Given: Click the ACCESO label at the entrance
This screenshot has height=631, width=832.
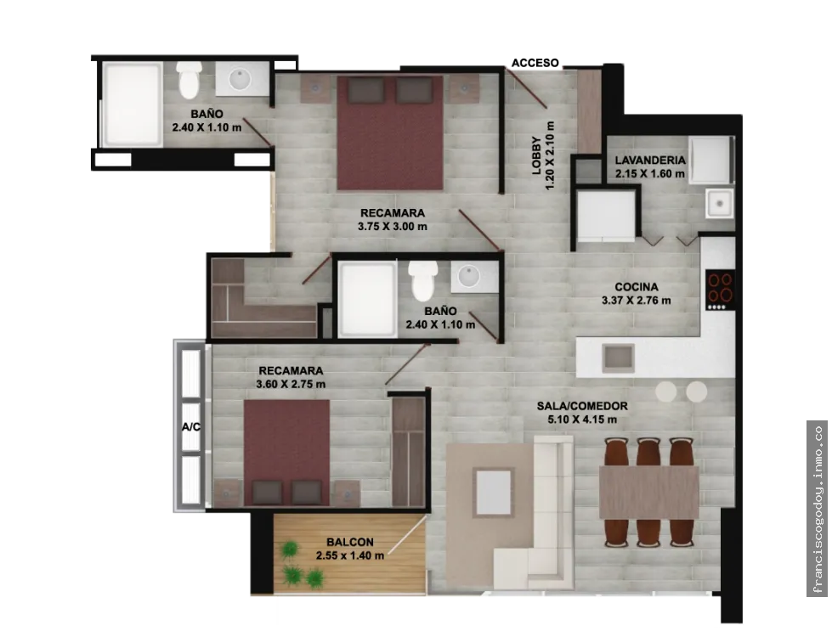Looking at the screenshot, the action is point(535,63).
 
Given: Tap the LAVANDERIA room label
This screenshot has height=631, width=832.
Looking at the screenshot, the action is point(650,161).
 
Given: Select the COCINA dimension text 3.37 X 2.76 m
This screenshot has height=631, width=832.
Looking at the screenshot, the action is point(637,301).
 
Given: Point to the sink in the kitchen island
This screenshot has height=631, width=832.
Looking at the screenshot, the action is point(618,358).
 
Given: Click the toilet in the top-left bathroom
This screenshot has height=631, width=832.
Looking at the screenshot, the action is point(189,80).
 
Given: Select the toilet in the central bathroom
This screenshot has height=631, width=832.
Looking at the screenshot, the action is point(423,279).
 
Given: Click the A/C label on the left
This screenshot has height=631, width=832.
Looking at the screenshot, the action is point(191,427).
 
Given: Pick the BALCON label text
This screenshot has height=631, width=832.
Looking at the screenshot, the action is point(350,542).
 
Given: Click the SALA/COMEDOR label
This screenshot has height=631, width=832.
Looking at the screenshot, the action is point(582,406).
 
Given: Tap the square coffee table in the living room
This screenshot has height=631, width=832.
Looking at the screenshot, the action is point(494,492).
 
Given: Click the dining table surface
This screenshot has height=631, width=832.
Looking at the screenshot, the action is point(649,492).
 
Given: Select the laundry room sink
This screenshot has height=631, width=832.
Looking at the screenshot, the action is point(720,203).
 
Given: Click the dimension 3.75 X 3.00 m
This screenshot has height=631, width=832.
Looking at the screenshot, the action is point(392,227).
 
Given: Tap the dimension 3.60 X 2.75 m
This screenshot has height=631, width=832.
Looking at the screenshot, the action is point(291,384).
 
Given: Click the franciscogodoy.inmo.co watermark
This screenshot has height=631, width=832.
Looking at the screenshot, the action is point(818,509).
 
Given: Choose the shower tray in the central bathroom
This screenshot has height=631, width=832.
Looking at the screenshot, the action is point(368,299).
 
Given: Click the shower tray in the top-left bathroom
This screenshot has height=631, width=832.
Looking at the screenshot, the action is point(132,104).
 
